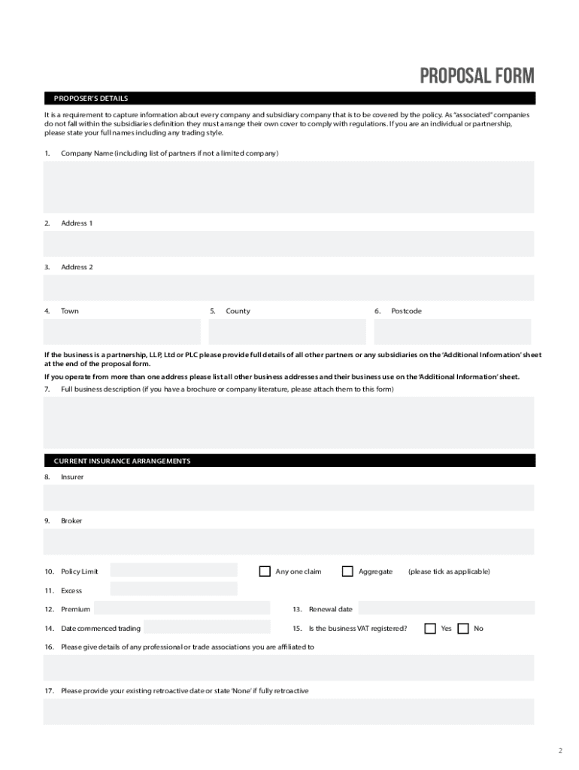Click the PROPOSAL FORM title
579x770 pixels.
(477, 76)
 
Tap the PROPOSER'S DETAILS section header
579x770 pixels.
(90, 98)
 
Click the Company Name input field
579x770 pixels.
(289, 186)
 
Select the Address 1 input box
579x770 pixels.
(289, 244)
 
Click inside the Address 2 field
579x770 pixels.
(289, 287)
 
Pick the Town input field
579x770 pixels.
(122, 332)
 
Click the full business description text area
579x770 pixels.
(289, 423)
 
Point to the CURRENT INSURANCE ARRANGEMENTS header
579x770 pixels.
(122, 461)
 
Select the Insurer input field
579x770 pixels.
(289, 497)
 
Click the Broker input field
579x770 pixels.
(289, 541)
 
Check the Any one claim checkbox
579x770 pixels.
(265, 571)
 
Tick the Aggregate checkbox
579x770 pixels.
(347, 571)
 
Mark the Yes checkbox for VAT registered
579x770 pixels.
(430, 628)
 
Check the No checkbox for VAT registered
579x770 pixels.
(463, 628)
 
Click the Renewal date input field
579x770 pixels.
(445, 608)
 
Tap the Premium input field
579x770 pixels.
(182, 608)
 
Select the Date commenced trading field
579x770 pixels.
(206, 627)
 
